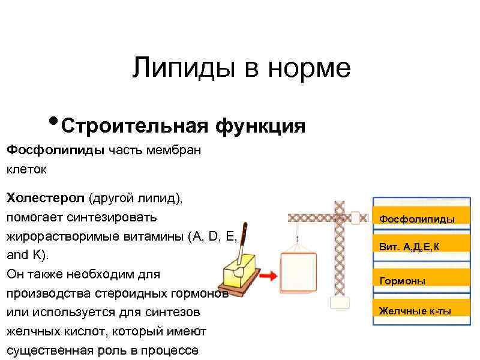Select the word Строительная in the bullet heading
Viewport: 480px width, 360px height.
click(x=134, y=127)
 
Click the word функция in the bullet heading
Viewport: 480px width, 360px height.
click(x=260, y=127)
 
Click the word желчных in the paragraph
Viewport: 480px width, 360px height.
click(x=34, y=331)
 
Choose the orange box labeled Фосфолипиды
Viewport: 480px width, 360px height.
click(x=416, y=219)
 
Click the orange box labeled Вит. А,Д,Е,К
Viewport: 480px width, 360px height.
click(x=416, y=246)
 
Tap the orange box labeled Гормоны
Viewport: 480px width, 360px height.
click(x=416, y=280)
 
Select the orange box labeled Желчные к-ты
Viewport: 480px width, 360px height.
click(x=416, y=310)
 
